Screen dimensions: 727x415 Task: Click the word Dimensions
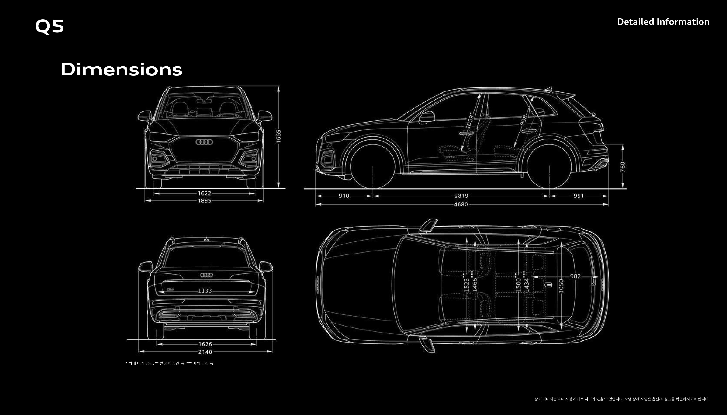pyautogui.click(x=121, y=70)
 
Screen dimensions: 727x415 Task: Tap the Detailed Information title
pyautogui.click(x=663, y=22)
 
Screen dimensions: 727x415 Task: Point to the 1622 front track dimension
pyautogui.click(x=205, y=193)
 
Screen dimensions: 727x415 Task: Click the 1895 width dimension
pyautogui.click(x=205, y=201)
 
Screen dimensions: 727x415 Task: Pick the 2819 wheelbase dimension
pyautogui.click(x=461, y=196)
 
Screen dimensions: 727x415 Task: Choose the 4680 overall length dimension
pyautogui.click(x=461, y=204)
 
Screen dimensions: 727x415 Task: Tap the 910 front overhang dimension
pyautogui.click(x=344, y=196)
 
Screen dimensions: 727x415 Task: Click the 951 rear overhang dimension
pyautogui.click(x=579, y=196)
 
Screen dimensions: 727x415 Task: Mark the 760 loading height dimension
pyautogui.click(x=623, y=167)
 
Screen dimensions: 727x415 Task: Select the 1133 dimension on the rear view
pyautogui.click(x=205, y=291)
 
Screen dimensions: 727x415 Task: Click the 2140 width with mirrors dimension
pyautogui.click(x=205, y=352)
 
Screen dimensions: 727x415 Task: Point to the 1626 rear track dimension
pyautogui.click(x=205, y=344)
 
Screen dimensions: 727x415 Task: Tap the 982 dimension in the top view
pyautogui.click(x=575, y=276)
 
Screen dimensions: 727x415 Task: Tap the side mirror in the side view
pyautogui.click(x=427, y=117)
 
